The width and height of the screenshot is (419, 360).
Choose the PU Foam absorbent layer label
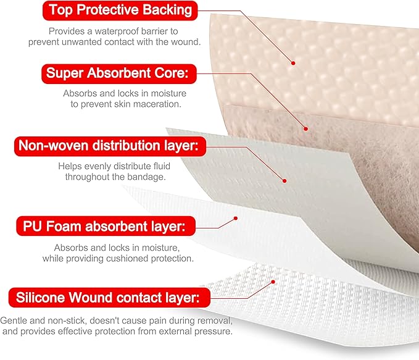[102, 227]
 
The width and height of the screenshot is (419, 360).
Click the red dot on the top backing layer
[294, 63]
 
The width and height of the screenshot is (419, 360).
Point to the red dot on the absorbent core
[305, 128]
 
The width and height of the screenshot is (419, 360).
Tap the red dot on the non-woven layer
[284, 181]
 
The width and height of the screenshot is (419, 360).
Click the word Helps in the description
[70, 166]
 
